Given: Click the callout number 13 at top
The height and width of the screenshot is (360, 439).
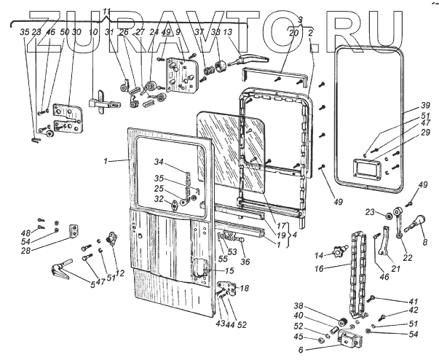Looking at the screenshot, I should click(228, 33).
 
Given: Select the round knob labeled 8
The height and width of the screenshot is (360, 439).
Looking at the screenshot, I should click(421, 219).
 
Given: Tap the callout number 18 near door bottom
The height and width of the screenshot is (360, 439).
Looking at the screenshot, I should click(244, 289).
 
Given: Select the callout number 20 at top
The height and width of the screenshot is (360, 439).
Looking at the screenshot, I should click(293, 33).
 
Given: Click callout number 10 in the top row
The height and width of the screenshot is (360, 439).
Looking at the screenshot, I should click(92, 33).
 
